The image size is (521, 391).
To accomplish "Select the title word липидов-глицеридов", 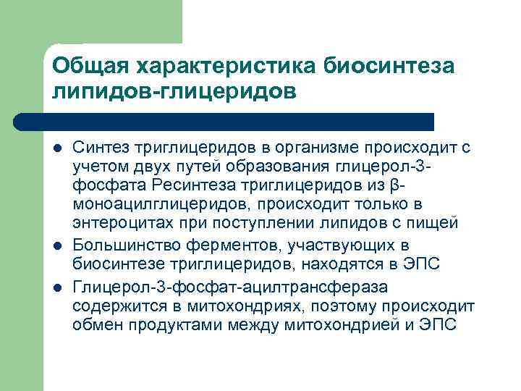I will [x=174, y=92].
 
